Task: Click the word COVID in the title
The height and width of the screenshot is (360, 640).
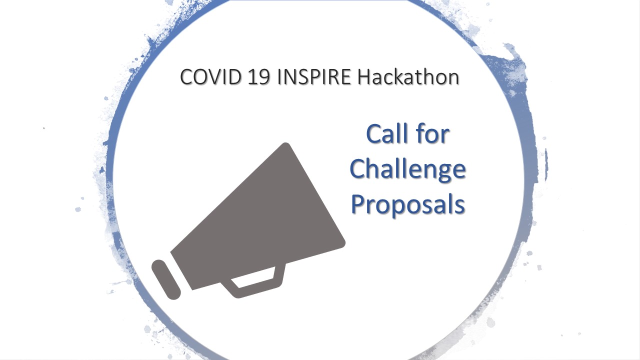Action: coord(210,77)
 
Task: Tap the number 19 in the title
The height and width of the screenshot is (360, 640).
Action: coord(259,77)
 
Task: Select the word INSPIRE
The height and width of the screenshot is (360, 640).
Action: coord(314,77)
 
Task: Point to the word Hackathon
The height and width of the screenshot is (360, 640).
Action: coord(408,76)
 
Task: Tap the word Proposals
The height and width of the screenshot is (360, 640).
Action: coord(407,205)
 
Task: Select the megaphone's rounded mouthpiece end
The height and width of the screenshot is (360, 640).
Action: coord(166,279)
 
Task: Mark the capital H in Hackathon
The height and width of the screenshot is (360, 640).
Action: coord(365,77)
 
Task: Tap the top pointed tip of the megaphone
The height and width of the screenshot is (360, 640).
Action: coord(285,143)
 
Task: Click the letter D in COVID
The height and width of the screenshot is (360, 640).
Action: coord(233,77)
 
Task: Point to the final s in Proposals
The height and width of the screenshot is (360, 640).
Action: coord(460,206)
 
